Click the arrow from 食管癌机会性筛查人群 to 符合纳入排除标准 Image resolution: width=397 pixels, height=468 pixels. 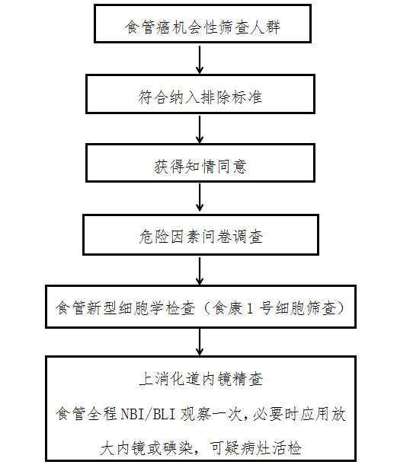tap(200, 59)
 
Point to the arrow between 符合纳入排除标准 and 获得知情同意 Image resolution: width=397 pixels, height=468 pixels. tap(200, 129)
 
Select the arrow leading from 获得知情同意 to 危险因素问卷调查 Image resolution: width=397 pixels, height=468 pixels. tap(200, 198)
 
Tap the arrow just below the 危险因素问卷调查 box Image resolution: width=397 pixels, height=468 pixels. tap(200, 271)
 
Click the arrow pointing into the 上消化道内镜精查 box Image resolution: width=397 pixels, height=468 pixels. tap(200, 342)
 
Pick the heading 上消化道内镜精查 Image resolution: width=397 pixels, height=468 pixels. tap(201, 379)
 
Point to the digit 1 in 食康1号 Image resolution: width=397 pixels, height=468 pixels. tap(250, 308)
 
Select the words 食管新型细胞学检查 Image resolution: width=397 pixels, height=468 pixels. tap(125, 307)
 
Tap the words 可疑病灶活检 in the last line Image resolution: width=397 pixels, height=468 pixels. tap(255, 448)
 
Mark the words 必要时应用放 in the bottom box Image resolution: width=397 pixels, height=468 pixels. tap(299, 414)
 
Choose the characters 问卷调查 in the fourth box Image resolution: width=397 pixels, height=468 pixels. tap(232, 237)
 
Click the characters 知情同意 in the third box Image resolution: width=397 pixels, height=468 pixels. tap(216, 166)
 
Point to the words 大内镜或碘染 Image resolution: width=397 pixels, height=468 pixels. tap(146, 448)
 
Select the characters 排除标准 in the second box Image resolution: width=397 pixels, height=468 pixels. tap(231, 97)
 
